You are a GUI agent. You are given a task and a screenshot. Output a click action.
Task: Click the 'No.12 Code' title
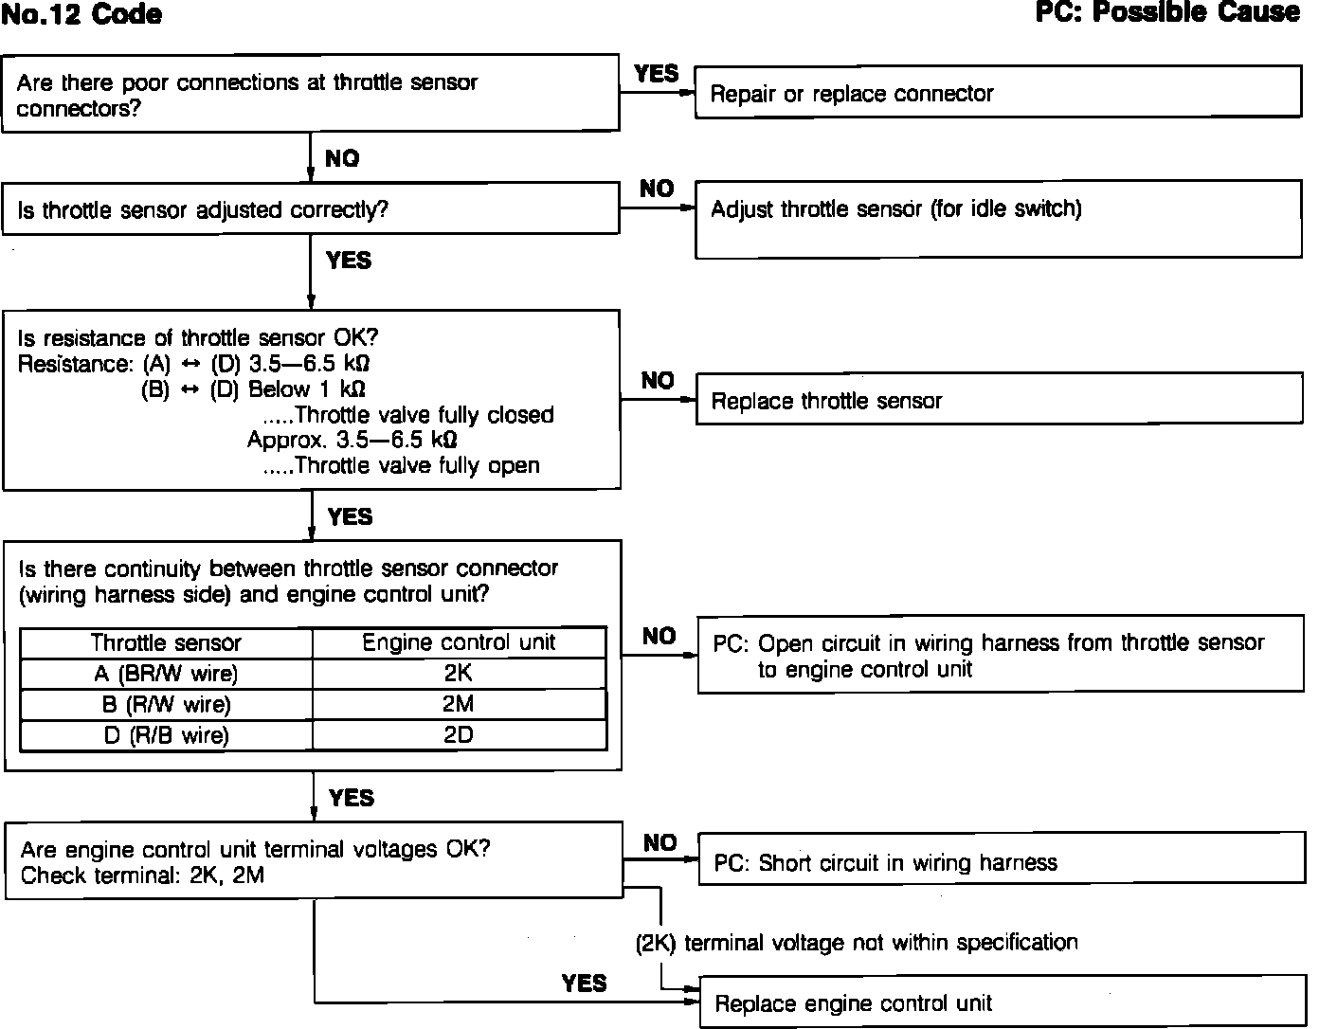(81, 15)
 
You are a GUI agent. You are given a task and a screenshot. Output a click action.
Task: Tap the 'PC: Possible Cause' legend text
(1167, 12)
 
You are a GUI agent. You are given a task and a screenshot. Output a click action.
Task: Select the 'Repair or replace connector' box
(998, 93)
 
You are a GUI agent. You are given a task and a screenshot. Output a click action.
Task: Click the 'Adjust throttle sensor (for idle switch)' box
(998, 219)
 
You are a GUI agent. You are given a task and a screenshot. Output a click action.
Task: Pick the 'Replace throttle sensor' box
(999, 400)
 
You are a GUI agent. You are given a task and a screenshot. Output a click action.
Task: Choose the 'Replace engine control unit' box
(1001, 1002)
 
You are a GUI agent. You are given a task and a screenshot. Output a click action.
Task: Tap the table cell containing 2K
(459, 673)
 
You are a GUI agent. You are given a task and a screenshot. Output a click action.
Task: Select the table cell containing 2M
(459, 704)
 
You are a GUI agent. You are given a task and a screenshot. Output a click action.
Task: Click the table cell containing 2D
(459, 735)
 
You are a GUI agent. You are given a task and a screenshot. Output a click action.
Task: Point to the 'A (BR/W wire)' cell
(167, 673)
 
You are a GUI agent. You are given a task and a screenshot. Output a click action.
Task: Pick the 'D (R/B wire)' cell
(167, 735)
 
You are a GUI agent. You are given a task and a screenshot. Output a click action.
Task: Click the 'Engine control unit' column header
(459, 642)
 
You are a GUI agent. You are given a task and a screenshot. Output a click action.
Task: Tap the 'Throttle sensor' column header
(167, 642)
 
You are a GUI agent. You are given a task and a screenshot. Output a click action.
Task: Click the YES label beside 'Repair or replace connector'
(656, 73)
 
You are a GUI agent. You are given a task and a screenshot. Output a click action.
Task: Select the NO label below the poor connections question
(342, 158)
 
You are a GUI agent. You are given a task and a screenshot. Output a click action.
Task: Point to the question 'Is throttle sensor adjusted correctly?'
(203, 209)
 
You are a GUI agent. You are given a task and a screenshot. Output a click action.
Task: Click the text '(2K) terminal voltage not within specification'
(857, 942)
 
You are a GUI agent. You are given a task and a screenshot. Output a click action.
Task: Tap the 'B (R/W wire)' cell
(167, 704)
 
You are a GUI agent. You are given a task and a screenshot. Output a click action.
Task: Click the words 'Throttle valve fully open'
(417, 465)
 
